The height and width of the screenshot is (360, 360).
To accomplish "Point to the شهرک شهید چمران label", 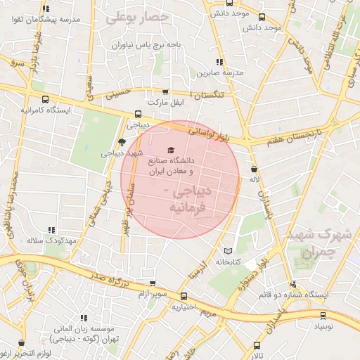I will coord(324,240).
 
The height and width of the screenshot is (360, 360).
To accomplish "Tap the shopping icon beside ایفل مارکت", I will coord(165,91).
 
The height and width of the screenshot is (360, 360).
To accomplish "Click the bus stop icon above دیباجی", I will coord(137,113).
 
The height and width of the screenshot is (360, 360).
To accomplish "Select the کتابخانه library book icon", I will coord(227,250).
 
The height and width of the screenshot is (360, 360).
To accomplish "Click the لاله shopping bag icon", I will coord(254,169).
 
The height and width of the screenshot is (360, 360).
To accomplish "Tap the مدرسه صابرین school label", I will coord(219,72).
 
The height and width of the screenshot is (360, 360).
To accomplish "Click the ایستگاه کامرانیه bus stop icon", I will coord(46,99).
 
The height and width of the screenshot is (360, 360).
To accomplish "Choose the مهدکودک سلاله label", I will coord(51,240).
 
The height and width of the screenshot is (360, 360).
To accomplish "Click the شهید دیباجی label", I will coord(122,153).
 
